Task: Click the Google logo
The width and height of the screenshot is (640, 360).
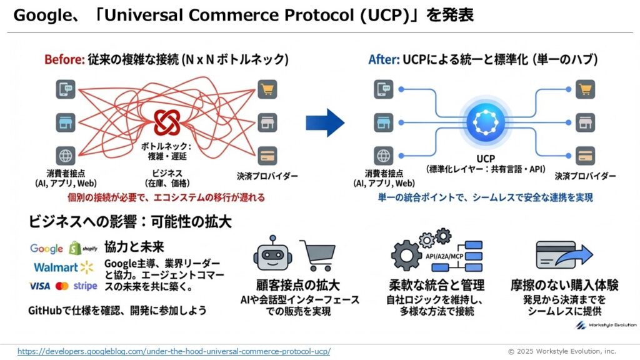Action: point(47,249)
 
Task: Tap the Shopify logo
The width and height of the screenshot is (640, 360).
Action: point(83,249)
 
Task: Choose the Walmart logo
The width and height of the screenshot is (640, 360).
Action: point(63,267)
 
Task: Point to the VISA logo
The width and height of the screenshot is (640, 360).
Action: point(40,286)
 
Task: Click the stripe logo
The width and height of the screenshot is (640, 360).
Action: point(86,286)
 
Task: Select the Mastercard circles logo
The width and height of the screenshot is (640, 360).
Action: point(62,286)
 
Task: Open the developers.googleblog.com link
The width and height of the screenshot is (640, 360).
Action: point(174,351)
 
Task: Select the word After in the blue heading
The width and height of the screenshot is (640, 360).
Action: point(382,60)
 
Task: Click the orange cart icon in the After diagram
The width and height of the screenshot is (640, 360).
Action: point(586,89)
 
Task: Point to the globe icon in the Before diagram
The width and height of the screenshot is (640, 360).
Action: point(65,154)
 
